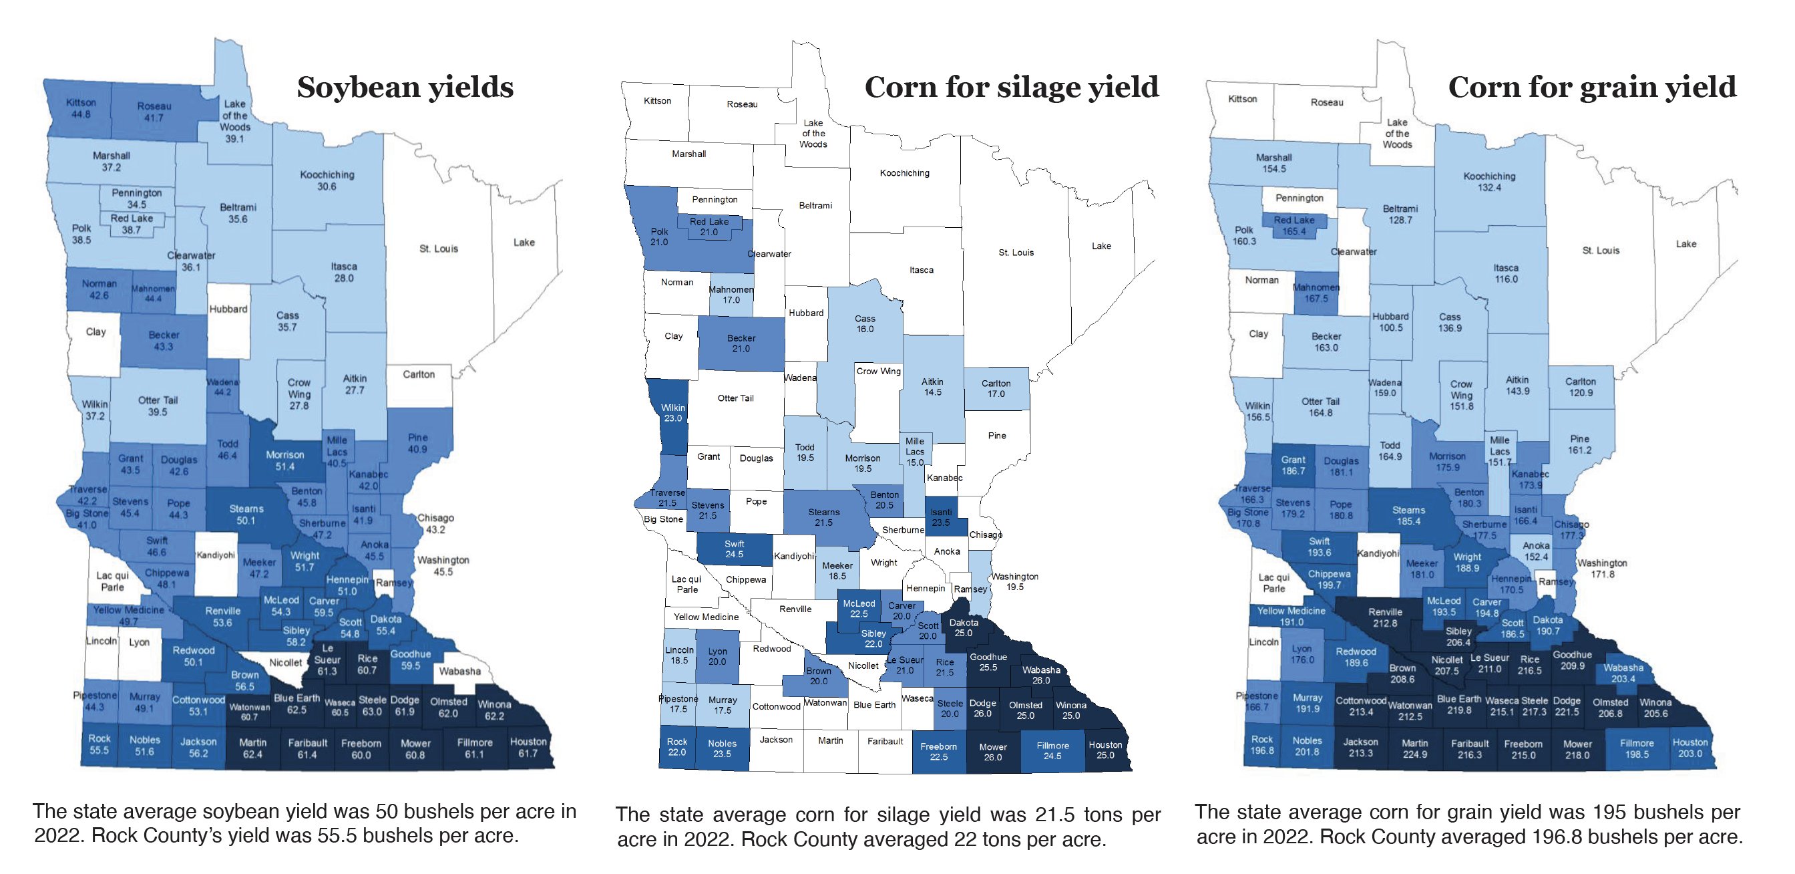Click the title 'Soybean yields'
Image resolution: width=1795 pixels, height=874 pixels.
tap(405, 88)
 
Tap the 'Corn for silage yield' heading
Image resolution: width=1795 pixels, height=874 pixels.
tap(1012, 88)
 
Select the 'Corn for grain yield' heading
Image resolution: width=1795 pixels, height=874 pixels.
tap(1592, 88)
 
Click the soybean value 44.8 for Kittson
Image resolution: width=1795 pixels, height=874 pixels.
tap(81, 114)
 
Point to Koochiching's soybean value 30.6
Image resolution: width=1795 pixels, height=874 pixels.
tap(327, 187)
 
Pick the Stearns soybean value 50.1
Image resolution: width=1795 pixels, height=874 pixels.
tap(246, 521)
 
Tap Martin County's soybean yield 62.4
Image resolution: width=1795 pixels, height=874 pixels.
tap(252, 754)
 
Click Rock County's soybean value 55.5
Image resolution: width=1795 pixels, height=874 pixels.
tap(99, 750)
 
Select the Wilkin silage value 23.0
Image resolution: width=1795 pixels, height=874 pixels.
tap(672, 418)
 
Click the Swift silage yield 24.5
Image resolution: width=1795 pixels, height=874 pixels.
tap(735, 554)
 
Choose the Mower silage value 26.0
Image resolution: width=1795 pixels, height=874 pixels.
tap(993, 757)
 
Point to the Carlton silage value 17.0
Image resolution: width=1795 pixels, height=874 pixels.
tap(996, 394)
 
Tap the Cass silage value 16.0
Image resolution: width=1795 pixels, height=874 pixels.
tap(865, 329)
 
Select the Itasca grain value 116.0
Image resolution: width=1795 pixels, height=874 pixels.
tap(1506, 279)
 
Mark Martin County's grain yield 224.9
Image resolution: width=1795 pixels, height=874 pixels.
tap(1414, 754)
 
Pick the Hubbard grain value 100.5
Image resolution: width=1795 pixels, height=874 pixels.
tap(1391, 327)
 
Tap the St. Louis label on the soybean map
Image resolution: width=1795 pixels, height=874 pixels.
tap(438, 249)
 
